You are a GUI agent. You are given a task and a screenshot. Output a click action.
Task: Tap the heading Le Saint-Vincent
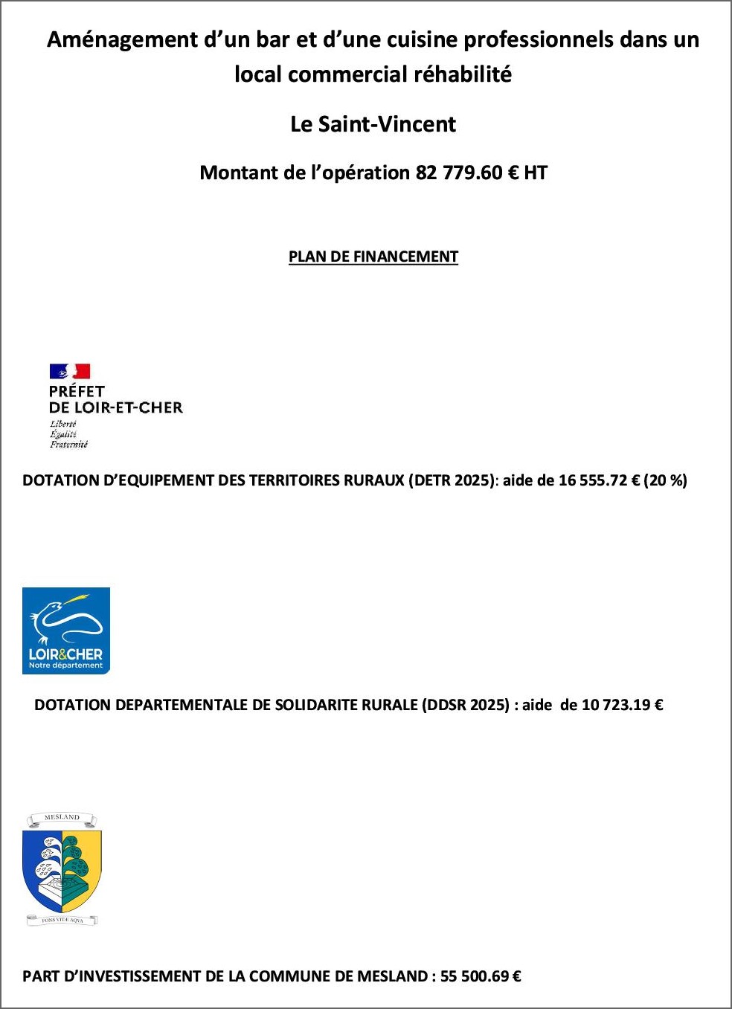tap(373, 124)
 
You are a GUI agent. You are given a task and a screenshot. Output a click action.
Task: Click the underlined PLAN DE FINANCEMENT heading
tap(373, 257)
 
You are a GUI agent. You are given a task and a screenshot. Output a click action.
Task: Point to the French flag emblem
tap(70, 372)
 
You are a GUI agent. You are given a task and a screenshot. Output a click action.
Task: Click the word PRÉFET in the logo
tap(77, 391)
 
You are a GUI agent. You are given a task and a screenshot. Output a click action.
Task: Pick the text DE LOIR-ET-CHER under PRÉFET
tap(115, 407)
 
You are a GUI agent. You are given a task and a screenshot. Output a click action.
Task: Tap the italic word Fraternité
tap(68, 445)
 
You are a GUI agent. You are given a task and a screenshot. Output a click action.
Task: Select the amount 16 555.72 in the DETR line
tap(593, 481)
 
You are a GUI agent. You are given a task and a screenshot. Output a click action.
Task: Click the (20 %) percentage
tap(665, 481)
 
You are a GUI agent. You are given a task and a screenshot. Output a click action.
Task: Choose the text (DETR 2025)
tap(451, 481)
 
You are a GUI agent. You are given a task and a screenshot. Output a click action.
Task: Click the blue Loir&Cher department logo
tap(66, 631)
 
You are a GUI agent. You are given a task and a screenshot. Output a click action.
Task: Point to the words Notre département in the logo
tap(65, 665)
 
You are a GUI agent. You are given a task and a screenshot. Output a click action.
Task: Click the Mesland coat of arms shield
tap(62, 870)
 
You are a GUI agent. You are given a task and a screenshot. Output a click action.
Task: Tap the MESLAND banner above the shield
tap(62, 818)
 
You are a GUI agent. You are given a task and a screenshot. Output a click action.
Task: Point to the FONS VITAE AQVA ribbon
tap(62, 921)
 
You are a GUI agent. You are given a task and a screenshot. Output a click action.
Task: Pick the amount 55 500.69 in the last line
tap(475, 977)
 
